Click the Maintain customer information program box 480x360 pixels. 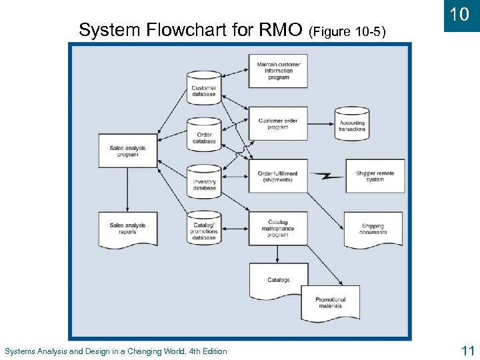[278, 71]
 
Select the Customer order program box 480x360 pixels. [278, 123]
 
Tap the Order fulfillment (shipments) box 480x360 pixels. [278, 176]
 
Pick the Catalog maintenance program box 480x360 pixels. [278, 229]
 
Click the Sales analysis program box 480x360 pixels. [127, 151]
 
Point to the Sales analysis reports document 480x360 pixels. [127, 229]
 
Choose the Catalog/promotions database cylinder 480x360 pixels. [204, 229]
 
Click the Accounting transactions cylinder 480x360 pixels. [352, 123]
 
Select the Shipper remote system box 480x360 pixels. [375, 176]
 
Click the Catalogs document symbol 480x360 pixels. [279, 281]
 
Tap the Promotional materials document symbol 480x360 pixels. [330, 303]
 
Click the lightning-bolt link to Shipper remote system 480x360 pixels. [325, 177]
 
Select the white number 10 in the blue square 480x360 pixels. [460, 15]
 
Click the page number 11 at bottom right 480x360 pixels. [466, 350]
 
